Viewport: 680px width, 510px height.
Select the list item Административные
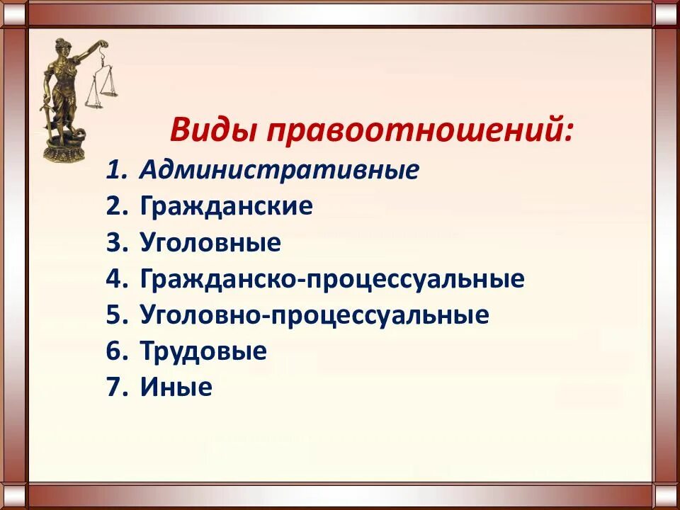click(279, 170)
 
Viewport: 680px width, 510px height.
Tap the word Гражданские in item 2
click(226, 206)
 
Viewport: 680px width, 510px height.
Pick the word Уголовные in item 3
click(210, 243)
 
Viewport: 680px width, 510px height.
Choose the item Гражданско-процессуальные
click(332, 279)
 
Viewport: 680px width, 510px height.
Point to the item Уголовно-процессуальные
click(314, 315)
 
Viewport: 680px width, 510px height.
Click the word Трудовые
click(203, 351)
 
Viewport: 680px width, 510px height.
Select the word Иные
click(176, 387)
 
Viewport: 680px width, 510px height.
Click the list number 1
click(114, 170)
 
